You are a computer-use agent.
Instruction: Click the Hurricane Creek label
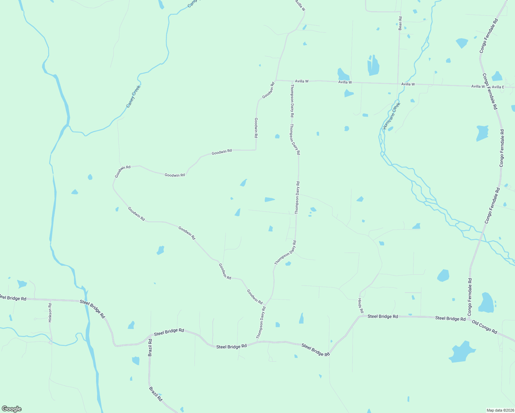pyautogui.click(x=392, y=115)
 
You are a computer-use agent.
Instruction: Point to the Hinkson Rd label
pyautogui.click(x=50, y=313)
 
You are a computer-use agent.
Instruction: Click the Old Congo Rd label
pyautogui.click(x=484, y=327)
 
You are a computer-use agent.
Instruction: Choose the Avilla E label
pyautogui.click(x=498, y=87)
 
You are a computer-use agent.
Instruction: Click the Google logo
pyautogui.click(x=11, y=409)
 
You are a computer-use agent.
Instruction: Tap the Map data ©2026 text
pyautogui.click(x=500, y=410)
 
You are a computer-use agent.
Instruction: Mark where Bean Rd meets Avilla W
pyautogui.click(x=398, y=83)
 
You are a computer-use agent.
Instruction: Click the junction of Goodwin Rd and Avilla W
pyautogui.click(x=276, y=80)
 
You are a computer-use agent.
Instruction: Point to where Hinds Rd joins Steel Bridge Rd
pyautogui.click(x=360, y=316)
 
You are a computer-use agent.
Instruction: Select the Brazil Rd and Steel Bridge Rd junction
pyautogui.click(x=150, y=335)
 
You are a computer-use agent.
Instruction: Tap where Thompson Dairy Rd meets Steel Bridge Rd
pyautogui.click(x=257, y=342)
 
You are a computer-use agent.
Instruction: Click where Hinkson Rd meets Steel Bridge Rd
pyautogui.click(x=50, y=300)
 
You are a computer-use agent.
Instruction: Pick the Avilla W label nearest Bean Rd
pyautogui.click(x=408, y=84)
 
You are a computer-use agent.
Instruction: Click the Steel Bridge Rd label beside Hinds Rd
pyautogui.click(x=382, y=316)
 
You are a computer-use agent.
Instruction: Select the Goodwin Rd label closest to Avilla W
pyautogui.click(x=268, y=91)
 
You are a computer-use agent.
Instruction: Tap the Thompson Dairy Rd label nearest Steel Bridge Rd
pyautogui.click(x=261, y=323)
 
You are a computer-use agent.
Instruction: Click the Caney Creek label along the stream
pyautogui.click(x=133, y=96)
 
